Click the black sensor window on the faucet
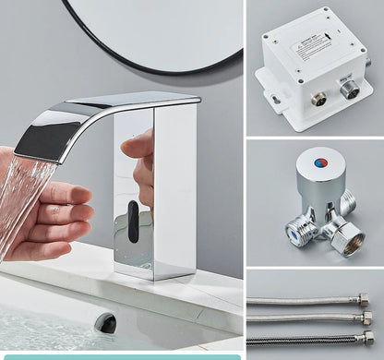coord(134,222)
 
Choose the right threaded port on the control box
coord(349,90)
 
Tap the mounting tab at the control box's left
coord(273,96)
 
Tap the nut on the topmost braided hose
coord(364,300)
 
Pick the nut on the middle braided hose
coord(367,318)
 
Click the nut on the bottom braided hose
coord(367,340)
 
